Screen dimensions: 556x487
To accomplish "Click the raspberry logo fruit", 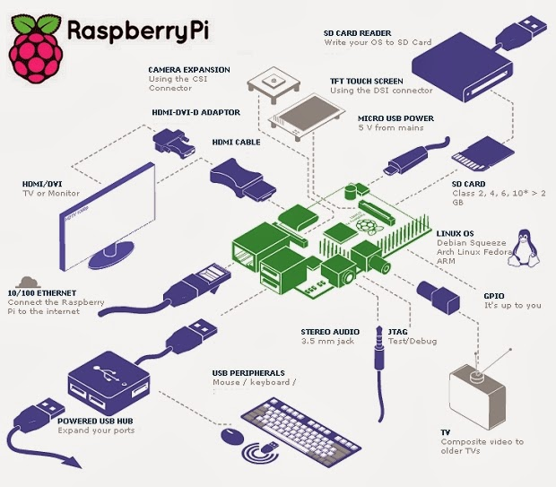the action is point(36,49).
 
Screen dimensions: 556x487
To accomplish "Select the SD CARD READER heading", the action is point(357,33).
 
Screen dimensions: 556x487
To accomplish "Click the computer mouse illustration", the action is point(232,435).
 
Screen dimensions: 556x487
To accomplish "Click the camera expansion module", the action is point(274,84).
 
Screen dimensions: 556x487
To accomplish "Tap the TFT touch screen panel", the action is point(306,115).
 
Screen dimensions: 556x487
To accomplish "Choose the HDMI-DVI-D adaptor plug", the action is point(174,143).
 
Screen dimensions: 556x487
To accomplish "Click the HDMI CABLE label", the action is point(236,143).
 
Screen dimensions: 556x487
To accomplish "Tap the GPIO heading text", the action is point(493,296).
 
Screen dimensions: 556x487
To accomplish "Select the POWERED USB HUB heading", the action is point(95,421).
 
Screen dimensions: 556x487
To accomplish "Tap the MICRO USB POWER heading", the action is point(395,118).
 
